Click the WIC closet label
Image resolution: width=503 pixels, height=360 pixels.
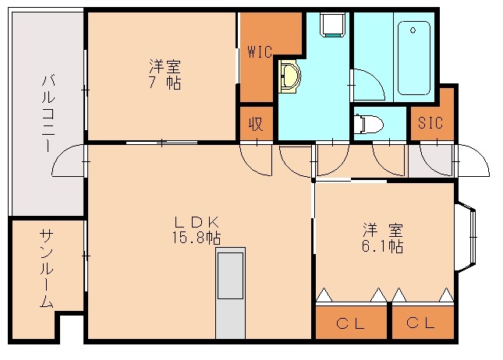[259, 52]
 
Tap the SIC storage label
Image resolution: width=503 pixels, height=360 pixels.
[430, 122]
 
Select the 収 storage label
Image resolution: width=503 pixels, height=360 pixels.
[255, 122]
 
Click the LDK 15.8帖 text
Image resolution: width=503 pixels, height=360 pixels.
[196, 230]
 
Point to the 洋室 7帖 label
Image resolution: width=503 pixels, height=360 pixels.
[164, 74]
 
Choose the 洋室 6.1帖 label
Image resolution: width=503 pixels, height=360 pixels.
[382, 238]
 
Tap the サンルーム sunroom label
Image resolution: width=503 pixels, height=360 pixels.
[46, 269]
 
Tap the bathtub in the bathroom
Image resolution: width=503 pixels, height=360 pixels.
[413, 56]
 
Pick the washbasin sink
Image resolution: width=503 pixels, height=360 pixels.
[290, 76]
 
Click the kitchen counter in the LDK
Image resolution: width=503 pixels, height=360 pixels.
[231, 292]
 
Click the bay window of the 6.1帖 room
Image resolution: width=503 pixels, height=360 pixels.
[466, 238]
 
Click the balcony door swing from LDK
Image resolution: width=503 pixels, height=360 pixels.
[69, 162]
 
